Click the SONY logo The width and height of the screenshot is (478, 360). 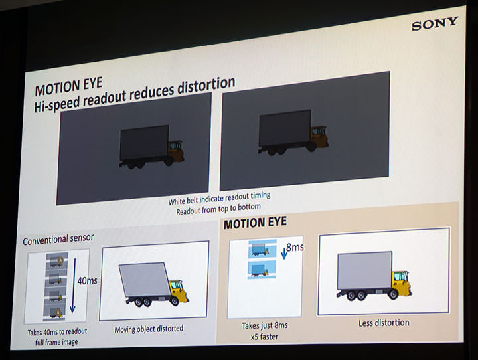[x=434, y=24]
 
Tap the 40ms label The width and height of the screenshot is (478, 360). [x=87, y=281]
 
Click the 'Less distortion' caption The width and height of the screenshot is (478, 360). [x=383, y=323]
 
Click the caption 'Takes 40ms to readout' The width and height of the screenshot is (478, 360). [x=58, y=331]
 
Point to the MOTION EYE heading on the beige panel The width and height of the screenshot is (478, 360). [x=255, y=223]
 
